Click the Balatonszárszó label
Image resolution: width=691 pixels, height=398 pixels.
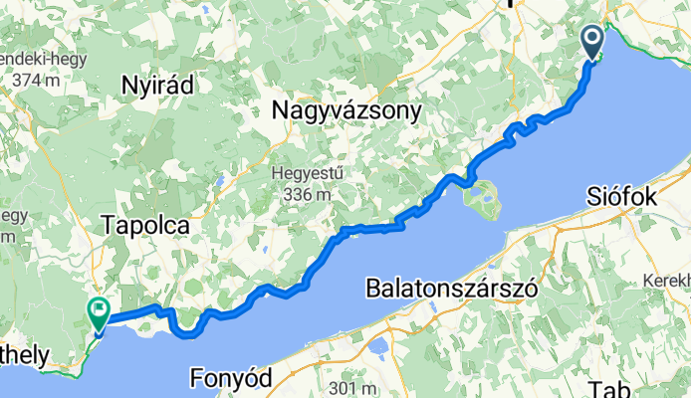click(452, 289)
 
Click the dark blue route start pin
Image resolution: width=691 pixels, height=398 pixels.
click(592, 42)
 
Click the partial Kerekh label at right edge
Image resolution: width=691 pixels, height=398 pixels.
click(666, 253)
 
